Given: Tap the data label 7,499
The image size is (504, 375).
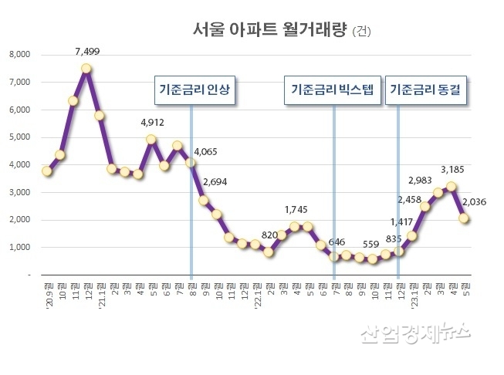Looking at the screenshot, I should pyautogui.click(x=87, y=52).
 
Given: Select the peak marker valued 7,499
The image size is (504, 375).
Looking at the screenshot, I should pyautogui.click(x=86, y=68).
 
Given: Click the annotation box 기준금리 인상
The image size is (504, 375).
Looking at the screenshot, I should pyautogui.click(x=194, y=90).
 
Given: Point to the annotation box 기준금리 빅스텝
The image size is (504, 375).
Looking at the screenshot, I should pyautogui.click(x=332, y=90).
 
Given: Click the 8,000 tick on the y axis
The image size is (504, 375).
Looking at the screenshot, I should pyautogui.click(x=19, y=55).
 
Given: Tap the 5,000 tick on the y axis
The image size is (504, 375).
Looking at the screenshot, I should pyautogui.click(x=19, y=137).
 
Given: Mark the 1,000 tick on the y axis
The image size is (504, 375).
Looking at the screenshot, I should pyautogui.click(x=19, y=248).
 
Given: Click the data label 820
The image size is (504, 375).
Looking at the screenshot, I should pyautogui.click(x=269, y=235).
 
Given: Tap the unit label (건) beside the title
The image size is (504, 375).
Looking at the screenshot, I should pyautogui.click(x=360, y=32).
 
